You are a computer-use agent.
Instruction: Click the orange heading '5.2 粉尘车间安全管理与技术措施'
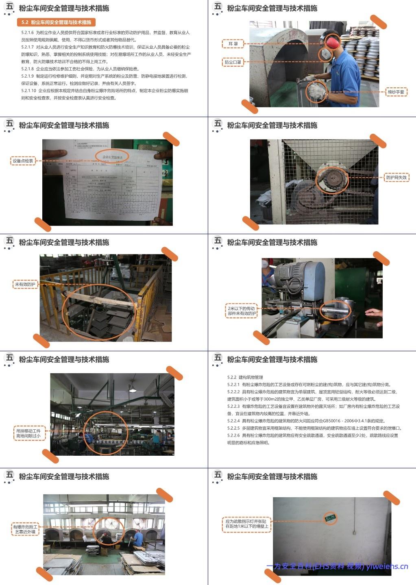click(56, 22)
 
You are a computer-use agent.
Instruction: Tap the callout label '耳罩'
click(233, 43)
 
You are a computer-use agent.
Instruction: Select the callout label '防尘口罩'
click(233, 62)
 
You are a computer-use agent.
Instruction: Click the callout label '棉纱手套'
click(396, 92)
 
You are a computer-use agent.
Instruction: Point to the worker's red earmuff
click(332, 41)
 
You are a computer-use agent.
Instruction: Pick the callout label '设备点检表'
click(23, 161)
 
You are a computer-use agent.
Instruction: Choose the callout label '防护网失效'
click(396, 177)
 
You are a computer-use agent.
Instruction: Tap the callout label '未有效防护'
click(25, 285)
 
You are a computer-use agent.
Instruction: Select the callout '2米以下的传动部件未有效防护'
click(242, 311)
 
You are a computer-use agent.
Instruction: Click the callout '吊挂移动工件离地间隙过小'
click(28, 433)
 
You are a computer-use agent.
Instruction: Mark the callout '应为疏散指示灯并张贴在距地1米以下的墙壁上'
click(246, 524)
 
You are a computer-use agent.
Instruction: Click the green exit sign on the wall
click(330, 518)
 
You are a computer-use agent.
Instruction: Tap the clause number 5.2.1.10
click(29, 91)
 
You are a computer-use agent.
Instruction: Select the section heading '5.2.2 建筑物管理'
click(245, 377)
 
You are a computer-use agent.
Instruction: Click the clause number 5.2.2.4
click(233, 421)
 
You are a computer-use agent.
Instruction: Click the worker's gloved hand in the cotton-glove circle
click(316, 90)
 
